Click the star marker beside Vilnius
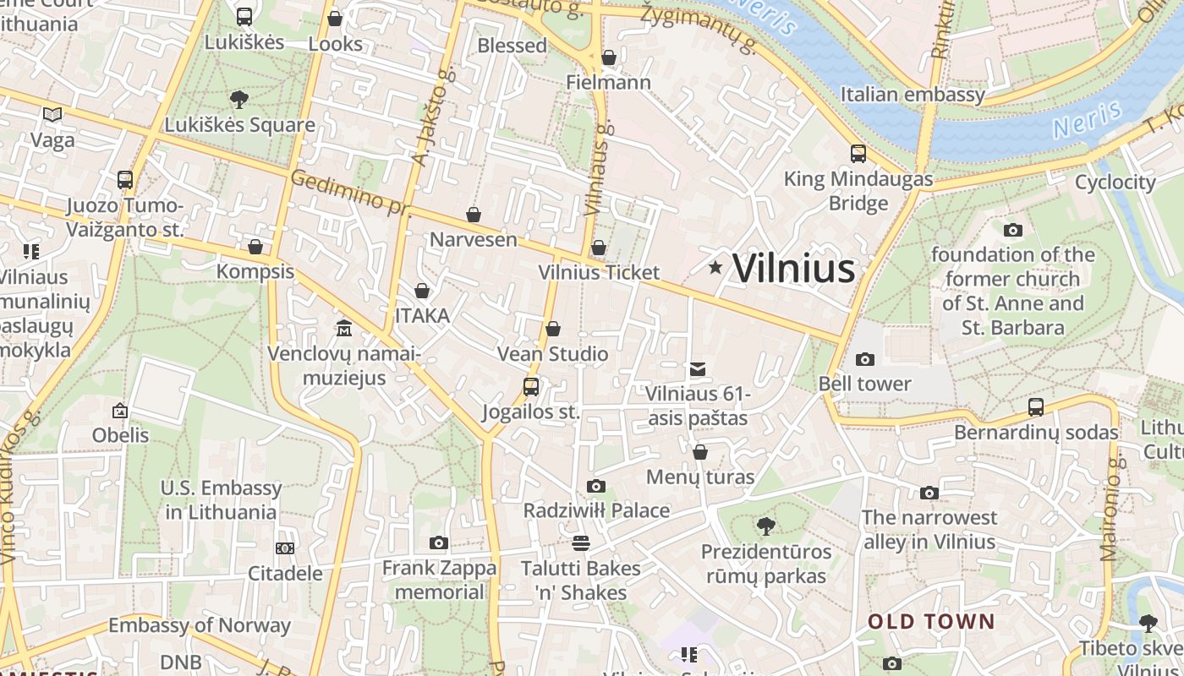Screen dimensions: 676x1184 point(715,268)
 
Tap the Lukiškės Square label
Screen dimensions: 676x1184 point(239,125)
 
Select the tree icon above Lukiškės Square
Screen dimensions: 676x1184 point(239,100)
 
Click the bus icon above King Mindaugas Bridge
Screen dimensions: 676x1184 point(858,154)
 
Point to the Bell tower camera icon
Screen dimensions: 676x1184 point(864,359)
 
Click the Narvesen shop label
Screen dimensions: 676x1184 point(473,239)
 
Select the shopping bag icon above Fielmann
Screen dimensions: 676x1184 point(609,57)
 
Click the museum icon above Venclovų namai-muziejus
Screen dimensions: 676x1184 point(343,328)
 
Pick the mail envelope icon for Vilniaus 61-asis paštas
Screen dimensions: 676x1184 point(698,369)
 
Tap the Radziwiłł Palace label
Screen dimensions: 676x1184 point(596,510)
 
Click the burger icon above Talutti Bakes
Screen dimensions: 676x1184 point(580,542)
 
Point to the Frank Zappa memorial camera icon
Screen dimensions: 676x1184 point(438,543)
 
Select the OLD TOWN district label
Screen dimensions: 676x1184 point(931,622)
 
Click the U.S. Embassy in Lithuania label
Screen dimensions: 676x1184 point(221,499)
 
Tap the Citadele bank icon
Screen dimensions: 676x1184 point(285,548)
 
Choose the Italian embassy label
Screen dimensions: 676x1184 point(913,94)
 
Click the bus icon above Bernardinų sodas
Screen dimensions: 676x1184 point(1036,407)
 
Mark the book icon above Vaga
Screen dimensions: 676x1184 point(52,114)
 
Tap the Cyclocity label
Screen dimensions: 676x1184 point(1115,182)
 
